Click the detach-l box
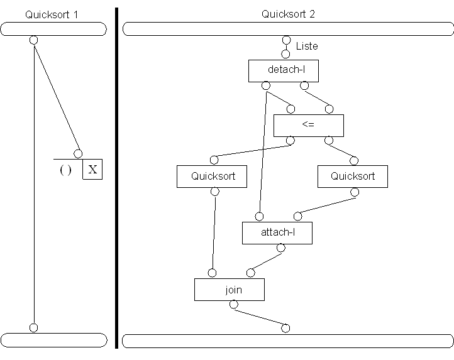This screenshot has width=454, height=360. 283,70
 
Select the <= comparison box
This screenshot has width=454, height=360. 308,125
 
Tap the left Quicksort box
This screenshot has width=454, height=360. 212,177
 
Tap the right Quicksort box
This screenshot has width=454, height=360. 352,177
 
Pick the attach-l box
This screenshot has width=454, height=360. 277,232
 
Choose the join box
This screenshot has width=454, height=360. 229,290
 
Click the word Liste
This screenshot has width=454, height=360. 307,46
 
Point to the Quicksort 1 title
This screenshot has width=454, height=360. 52,14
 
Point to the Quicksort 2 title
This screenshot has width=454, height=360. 287,14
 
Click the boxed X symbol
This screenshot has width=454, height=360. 92,170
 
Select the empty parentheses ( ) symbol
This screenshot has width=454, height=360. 65,170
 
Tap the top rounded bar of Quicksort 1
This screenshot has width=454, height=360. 53,29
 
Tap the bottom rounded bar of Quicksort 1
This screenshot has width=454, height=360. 53,340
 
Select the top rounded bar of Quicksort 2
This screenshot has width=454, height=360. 287,29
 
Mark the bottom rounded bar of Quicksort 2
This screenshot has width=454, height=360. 287,341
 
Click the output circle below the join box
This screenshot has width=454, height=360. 233,305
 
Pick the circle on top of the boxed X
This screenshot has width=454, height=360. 78,154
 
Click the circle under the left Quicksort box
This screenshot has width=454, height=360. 214,191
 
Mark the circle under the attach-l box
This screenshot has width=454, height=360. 280,248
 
